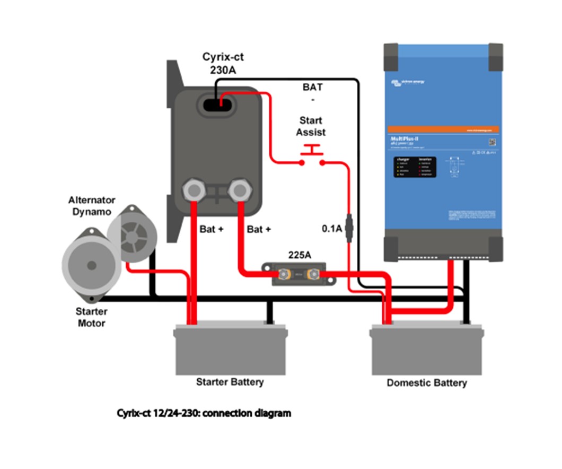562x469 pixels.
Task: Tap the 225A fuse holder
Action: (x=299, y=274)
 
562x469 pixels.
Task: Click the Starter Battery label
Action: (x=230, y=382)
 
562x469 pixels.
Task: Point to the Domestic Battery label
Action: (x=426, y=383)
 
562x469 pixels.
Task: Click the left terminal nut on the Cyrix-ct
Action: (x=192, y=189)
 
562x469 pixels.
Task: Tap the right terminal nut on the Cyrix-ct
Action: (x=240, y=189)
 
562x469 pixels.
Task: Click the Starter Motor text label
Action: (x=91, y=317)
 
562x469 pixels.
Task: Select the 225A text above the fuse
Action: (x=299, y=255)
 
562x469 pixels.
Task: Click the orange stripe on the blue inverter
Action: (x=443, y=129)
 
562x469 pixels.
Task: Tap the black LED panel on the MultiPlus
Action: (x=415, y=167)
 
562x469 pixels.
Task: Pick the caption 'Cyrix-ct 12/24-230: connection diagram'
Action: (x=204, y=413)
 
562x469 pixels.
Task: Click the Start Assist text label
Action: (x=311, y=126)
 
